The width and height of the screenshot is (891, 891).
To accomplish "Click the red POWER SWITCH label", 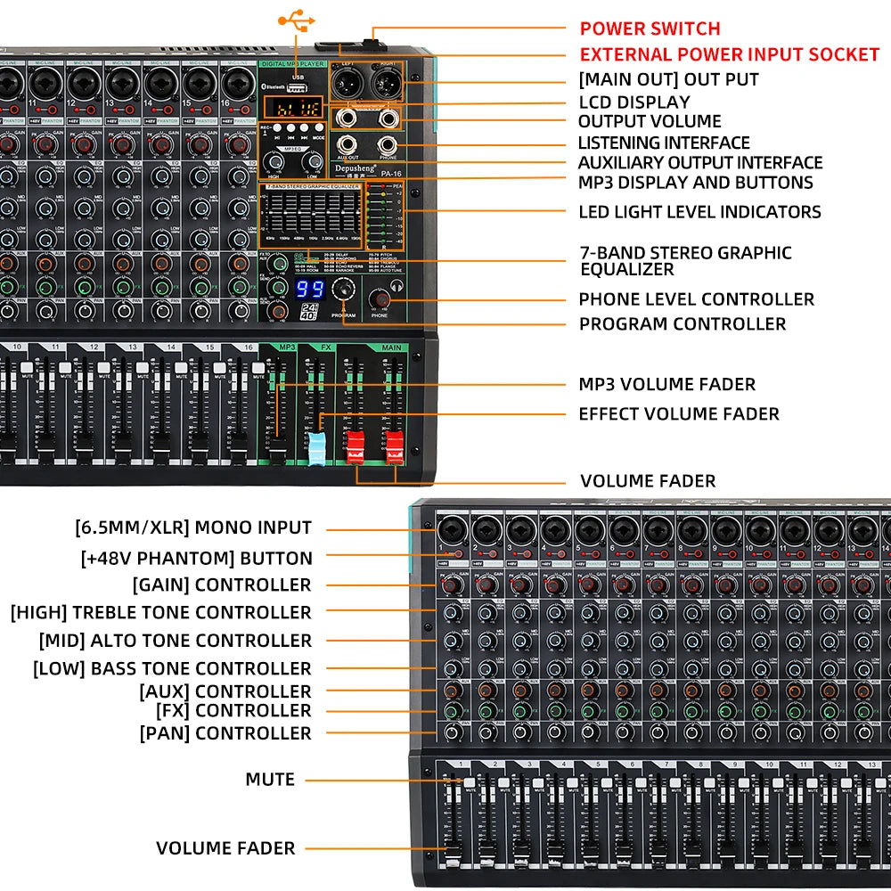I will [650, 29].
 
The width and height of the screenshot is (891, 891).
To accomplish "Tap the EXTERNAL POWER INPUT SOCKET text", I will [729, 54].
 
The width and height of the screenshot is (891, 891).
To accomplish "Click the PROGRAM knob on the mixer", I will [343, 290].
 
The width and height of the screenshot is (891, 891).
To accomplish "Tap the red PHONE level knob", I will [380, 298].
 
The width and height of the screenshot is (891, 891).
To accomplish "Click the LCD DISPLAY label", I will [634, 102].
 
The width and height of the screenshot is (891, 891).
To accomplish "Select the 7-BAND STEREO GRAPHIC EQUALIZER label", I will [684, 260].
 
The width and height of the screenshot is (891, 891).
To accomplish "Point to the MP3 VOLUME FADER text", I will [666, 384].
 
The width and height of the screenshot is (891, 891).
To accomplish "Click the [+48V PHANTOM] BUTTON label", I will [196, 559].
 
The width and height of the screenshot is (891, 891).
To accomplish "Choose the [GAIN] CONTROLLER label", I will [222, 584].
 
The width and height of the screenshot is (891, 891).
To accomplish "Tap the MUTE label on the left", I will [269, 779].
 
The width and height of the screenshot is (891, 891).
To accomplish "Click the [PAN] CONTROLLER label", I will [225, 732].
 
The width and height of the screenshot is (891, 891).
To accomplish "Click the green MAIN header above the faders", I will [389, 347].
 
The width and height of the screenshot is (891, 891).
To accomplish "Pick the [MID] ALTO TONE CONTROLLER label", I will [175, 640].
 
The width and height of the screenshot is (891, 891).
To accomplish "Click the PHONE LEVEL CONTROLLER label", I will [696, 299].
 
